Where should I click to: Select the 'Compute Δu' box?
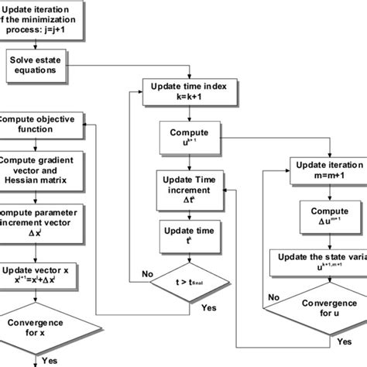click(x=324, y=217)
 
